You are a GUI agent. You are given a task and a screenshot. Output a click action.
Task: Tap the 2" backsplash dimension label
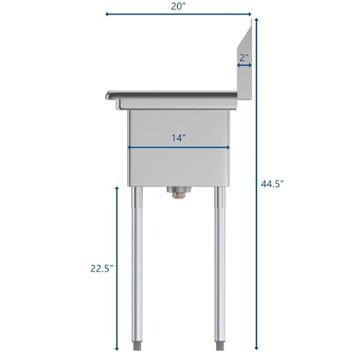(x=244, y=57)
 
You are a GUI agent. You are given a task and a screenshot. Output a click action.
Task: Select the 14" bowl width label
(x=179, y=138)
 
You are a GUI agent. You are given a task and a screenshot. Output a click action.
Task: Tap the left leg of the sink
(x=137, y=265)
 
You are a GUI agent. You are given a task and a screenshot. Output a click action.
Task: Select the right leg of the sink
(x=220, y=265)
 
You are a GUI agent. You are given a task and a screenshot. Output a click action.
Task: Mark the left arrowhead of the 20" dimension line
(x=107, y=14)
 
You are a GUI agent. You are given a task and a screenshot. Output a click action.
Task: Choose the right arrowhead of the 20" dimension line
(x=250, y=14)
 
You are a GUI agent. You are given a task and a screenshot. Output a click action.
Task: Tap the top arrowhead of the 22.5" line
(x=117, y=189)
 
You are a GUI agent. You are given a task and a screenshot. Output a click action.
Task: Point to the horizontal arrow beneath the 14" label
(x=179, y=147)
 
